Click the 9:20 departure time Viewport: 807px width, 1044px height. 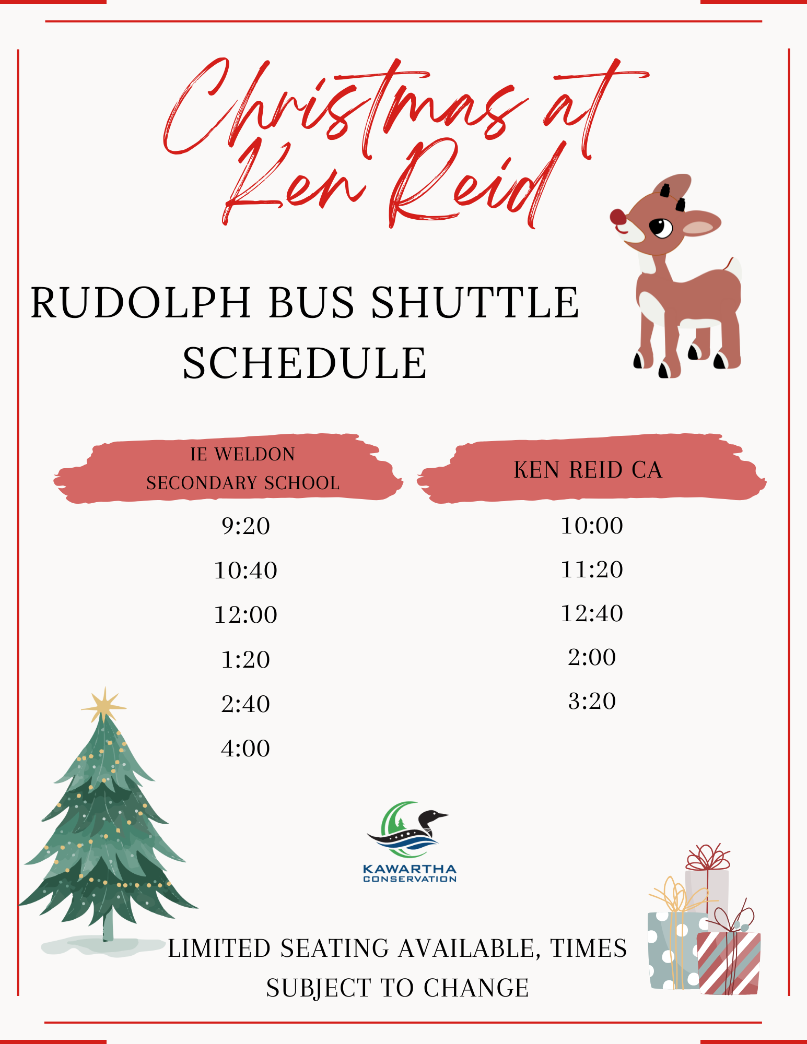click(x=245, y=526)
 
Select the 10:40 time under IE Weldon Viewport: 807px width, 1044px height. click(x=245, y=571)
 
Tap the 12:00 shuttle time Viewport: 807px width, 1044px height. click(x=245, y=615)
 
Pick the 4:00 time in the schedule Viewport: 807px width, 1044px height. click(x=245, y=749)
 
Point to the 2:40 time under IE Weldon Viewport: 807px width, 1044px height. click(x=245, y=704)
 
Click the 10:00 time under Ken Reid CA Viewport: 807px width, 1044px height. click(x=592, y=526)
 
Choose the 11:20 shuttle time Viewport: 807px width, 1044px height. click(x=592, y=570)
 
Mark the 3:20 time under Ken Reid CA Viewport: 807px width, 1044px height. click(x=592, y=701)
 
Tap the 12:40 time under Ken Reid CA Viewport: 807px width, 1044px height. click(x=592, y=613)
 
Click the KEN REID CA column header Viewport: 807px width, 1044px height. click(x=588, y=470)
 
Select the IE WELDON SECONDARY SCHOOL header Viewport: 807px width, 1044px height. click(x=243, y=469)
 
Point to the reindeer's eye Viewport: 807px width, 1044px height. click(x=661, y=228)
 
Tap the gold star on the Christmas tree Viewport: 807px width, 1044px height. click(x=104, y=705)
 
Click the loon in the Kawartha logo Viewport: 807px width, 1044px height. click(x=408, y=830)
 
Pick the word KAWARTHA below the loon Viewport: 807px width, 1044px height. click(x=410, y=870)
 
